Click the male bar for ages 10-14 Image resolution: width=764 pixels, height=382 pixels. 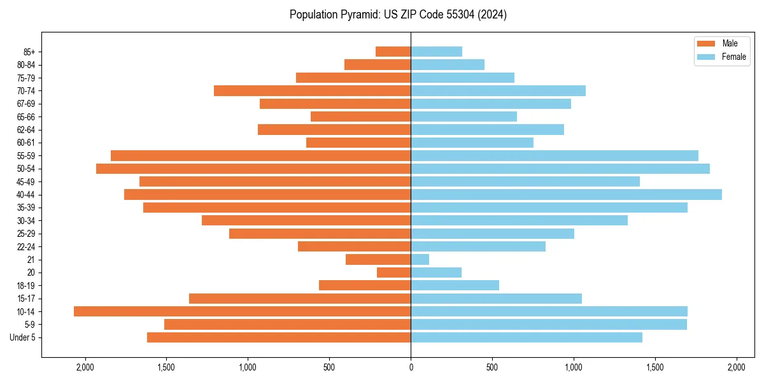click(x=242, y=311)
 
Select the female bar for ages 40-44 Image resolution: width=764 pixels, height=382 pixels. click(x=566, y=194)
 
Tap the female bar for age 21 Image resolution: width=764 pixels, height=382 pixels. click(x=420, y=259)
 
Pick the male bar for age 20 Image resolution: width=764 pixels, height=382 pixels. click(x=393, y=272)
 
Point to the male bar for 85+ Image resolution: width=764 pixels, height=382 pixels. click(x=393, y=52)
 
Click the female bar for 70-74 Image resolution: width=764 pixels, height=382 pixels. click(x=498, y=90)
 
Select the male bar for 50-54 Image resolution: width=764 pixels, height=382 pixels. click(x=253, y=169)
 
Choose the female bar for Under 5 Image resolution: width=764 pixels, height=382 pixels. click(x=527, y=337)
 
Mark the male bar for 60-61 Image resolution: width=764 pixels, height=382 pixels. click(x=358, y=143)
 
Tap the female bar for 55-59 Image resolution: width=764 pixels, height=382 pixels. click(x=555, y=155)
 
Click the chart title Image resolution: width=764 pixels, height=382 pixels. click(x=398, y=15)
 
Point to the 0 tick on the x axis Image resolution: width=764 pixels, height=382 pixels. click(x=411, y=367)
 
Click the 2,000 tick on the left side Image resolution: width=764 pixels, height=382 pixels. click(x=85, y=367)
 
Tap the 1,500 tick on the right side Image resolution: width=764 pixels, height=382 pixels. click(x=654, y=367)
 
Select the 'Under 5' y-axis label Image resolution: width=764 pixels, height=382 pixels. click(x=23, y=337)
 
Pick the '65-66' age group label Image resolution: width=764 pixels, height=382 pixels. click(x=26, y=117)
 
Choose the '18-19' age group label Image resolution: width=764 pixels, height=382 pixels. click(x=26, y=285)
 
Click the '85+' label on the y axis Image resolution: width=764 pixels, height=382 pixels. click(x=29, y=52)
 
